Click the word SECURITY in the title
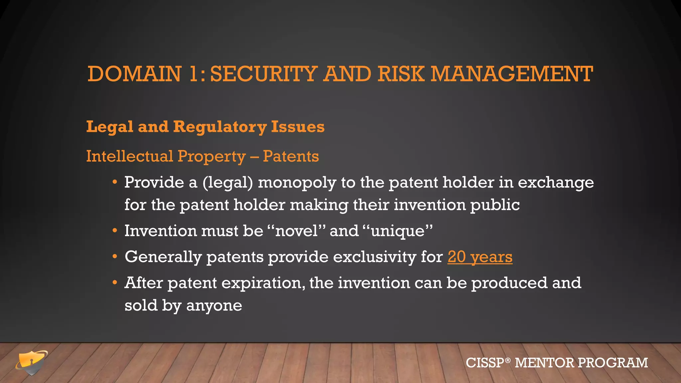click(263, 74)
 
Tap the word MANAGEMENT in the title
click(512, 74)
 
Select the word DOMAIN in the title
click(134, 74)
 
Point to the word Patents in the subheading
click(291, 156)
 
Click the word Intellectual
click(129, 156)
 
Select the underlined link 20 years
click(480, 257)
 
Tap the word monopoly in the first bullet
click(297, 183)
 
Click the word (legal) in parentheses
click(228, 183)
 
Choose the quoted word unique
click(398, 231)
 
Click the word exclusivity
click(374, 257)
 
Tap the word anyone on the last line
click(214, 306)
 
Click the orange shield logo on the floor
click(32, 362)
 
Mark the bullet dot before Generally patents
click(114, 257)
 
